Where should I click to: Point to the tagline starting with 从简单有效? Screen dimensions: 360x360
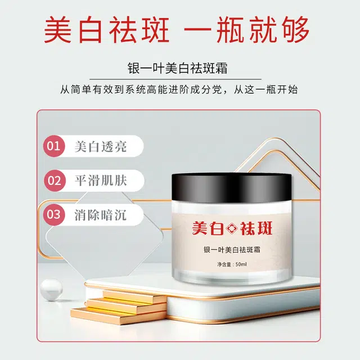click(180, 89)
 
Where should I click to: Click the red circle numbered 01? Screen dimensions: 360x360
click(53, 147)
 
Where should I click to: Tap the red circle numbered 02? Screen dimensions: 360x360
click(53, 181)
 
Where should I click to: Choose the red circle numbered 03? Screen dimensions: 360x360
click(53, 214)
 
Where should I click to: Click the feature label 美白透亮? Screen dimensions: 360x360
click(101, 147)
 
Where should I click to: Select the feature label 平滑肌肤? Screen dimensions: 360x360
click(101, 181)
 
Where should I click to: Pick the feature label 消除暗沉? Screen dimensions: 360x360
click(101, 215)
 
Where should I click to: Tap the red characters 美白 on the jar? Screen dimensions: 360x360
click(206, 228)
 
